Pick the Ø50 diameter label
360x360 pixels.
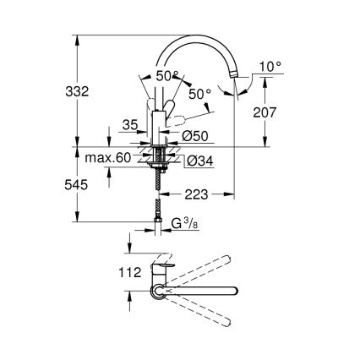pos(195,135)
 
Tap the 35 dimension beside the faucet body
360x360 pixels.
pos(128,125)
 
